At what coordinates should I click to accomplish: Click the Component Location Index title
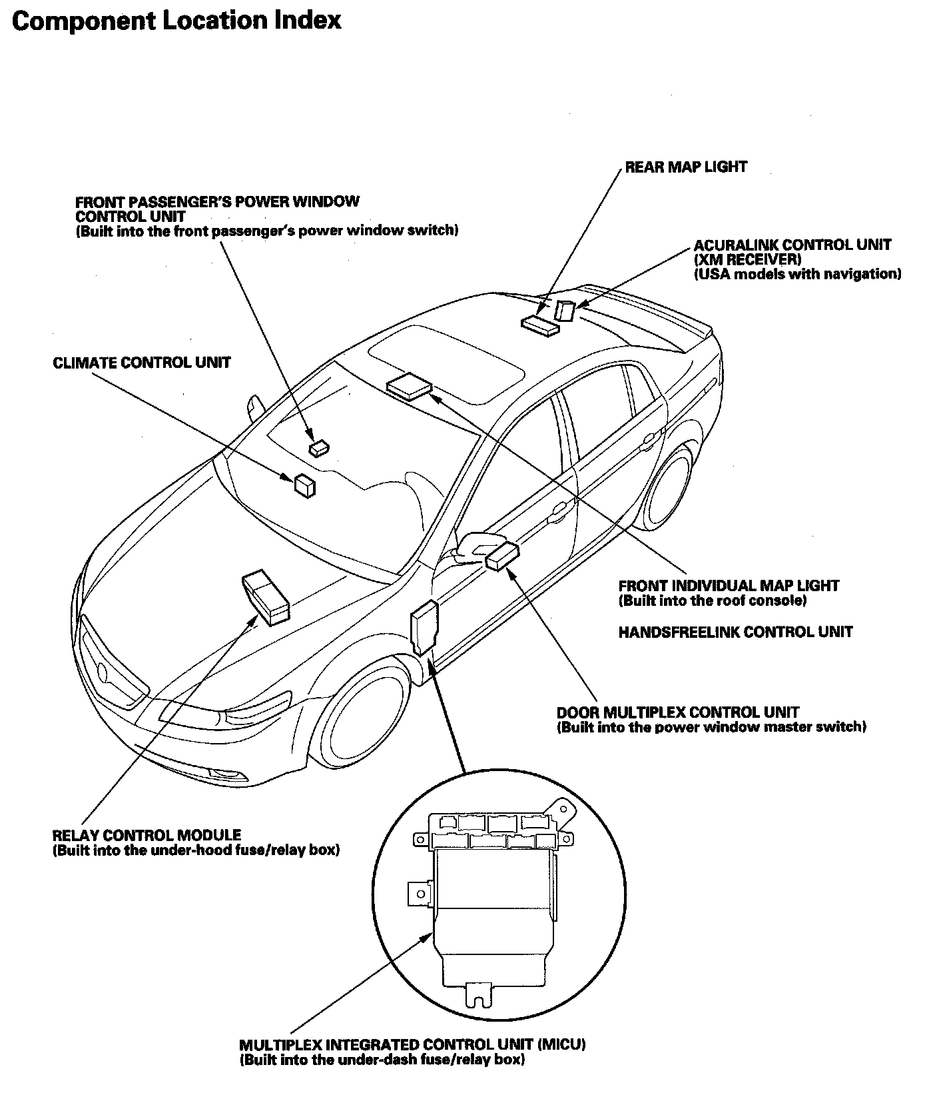pyautogui.click(x=176, y=21)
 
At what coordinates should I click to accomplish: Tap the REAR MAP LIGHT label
pyautogui.click(x=685, y=167)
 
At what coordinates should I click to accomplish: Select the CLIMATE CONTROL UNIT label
pyautogui.click(x=142, y=363)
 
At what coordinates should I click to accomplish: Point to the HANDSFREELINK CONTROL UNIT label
pyautogui.click(x=735, y=632)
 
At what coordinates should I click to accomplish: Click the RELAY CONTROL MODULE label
pyautogui.click(x=147, y=835)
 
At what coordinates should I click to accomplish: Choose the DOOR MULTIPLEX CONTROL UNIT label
pyautogui.click(x=677, y=712)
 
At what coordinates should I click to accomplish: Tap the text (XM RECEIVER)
pyautogui.click(x=747, y=259)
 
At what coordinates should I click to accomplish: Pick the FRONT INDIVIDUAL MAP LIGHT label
pyautogui.click(x=729, y=586)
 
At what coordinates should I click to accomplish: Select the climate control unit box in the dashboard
pyautogui.click(x=304, y=485)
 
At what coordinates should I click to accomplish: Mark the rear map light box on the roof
pyautogui.click(x=539, y=325)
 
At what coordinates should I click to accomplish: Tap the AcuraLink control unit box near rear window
pyautogui.click(x=565, y=311)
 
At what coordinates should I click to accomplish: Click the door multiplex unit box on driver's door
pyautogui.click(x=502, y=556)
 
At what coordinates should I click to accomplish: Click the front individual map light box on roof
pyautogui.click(x=408, y=386)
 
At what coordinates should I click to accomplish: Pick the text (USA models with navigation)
pyautogui.click(x=797, y=274)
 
